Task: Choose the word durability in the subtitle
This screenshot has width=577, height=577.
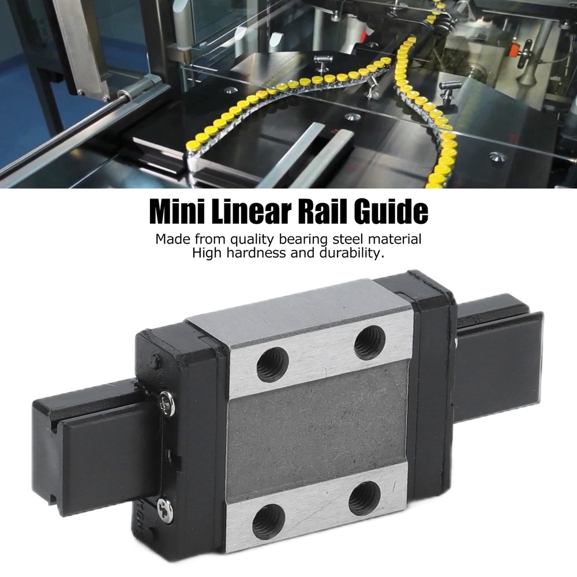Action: point(348,254)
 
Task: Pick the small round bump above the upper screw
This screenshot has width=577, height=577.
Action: point(154,362)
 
